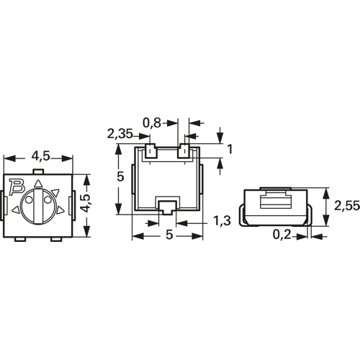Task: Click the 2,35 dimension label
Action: [120, 134]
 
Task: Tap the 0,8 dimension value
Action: [152, 123]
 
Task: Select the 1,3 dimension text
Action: [222, 221]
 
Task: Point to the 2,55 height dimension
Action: [347, 206]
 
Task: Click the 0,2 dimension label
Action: [282, 235]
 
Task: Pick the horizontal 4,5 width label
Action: [41, 156]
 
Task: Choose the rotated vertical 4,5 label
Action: [86, 203]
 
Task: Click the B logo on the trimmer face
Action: [17, 186]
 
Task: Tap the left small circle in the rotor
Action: [29, 199]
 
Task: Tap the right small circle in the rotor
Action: [48, 199]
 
